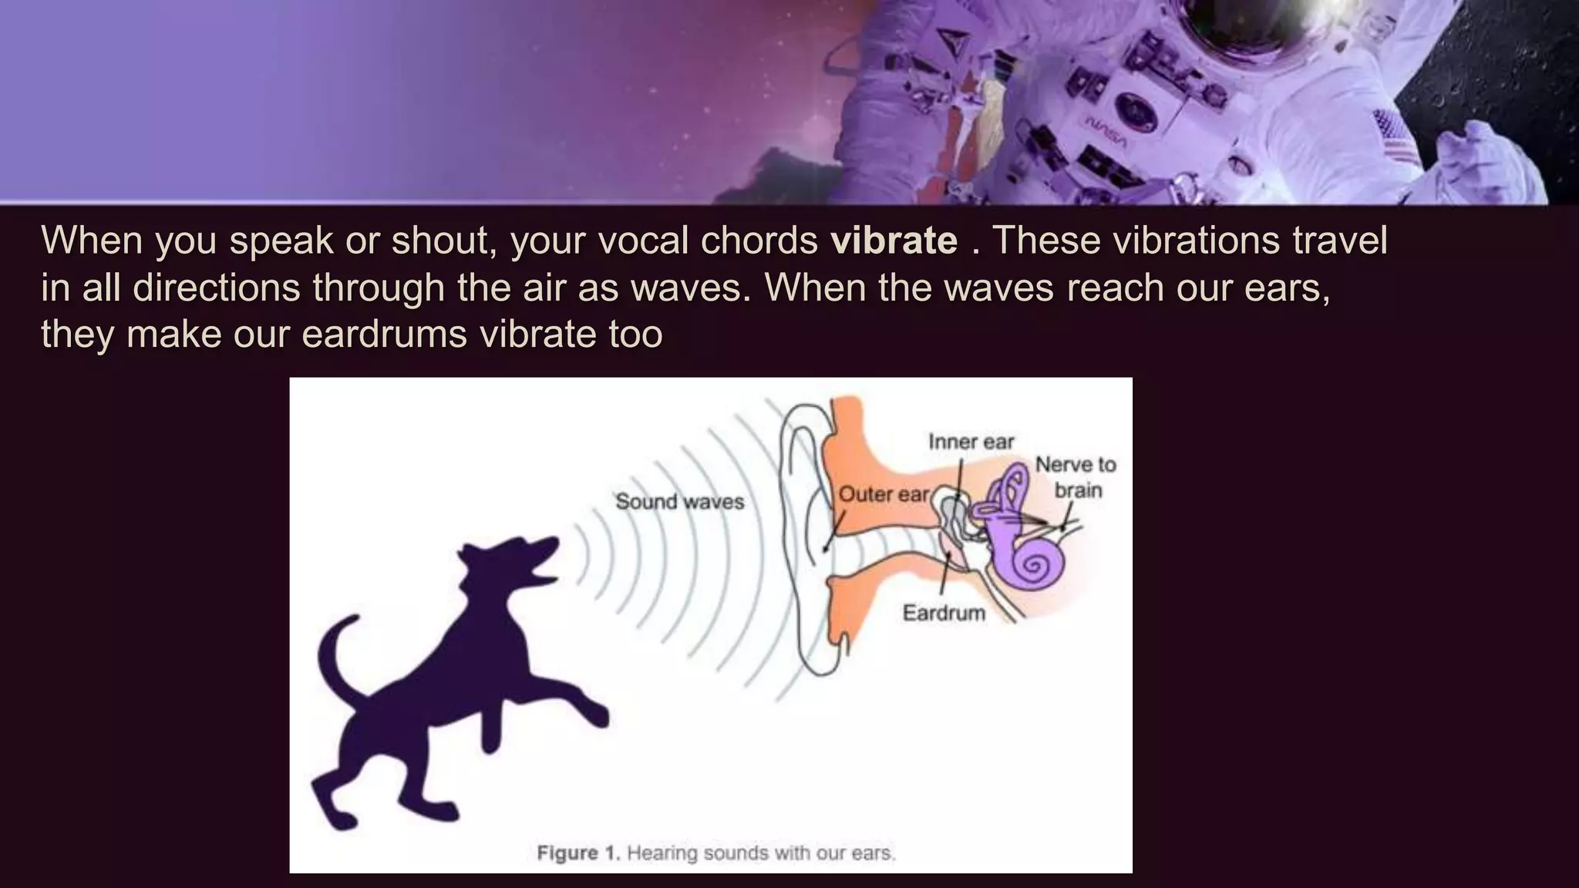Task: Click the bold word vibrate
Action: click(x=894, y=240)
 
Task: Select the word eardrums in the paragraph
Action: click(x=384, y=335)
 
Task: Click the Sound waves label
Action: click(x=679, y=502)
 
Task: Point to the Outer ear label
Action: click(x=884, y=494)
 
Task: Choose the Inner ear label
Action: click(x=971, y=442)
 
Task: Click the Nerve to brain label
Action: click(x=1076, y=477)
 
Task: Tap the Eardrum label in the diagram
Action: click(x=944, y=614)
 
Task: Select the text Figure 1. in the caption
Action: click(x=578, y=853)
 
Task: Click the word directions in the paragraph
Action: click(x=216, y=288)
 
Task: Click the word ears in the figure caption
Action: click(x=873, y=853)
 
